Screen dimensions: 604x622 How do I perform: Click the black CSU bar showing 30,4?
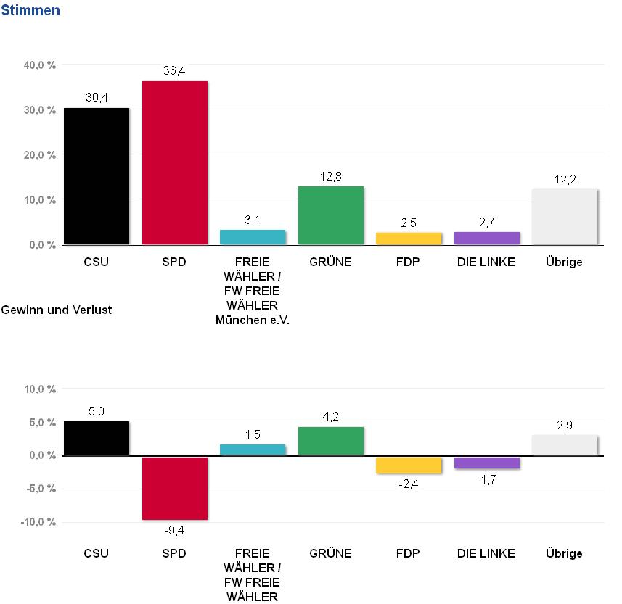point(97,176)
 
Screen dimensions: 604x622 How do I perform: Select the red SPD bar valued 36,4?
point(175,162)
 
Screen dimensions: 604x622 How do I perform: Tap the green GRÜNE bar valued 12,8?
point(331,215)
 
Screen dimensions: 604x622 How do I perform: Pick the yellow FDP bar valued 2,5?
point(409,238)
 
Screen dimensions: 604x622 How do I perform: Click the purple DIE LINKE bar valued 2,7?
point(487,238)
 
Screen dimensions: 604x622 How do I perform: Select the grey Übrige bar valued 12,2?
point(565,217)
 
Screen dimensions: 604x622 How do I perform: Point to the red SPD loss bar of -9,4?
point(175,488)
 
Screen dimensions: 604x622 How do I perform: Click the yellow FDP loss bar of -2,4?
point(409,465)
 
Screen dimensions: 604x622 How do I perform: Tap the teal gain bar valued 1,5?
point(253,450)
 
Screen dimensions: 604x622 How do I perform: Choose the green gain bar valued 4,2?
point(331,441)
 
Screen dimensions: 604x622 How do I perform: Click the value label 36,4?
point(175,70)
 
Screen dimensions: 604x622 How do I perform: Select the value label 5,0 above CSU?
point(97,411)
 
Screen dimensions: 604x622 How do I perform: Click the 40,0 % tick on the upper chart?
point(41,65)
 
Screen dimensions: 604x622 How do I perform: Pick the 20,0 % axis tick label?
point(41,155)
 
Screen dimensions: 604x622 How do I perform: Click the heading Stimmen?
point(30,11)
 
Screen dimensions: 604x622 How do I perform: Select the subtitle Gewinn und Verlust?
point(57,310)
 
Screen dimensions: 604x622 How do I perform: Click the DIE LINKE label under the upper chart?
point(486,262)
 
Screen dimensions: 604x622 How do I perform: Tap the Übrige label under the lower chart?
point(564,554)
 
